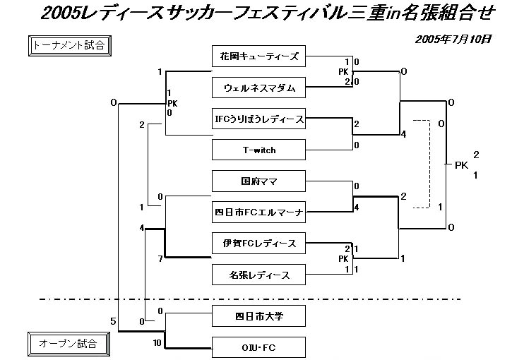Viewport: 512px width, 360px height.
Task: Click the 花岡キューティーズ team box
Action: tap(258, 56)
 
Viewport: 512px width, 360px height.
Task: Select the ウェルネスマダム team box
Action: tap(258, 88)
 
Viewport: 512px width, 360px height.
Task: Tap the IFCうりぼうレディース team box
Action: tap(258, 119)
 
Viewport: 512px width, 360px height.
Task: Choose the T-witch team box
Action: tap(258, 150)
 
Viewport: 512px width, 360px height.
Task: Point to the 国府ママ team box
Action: tap(258, 181)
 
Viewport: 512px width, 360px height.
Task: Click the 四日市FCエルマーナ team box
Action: tap(258, 212)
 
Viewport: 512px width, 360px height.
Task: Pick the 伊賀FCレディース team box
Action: tap(258, 244)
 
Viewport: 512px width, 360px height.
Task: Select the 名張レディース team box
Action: tap(258, 275)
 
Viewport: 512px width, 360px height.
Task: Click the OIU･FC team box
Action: tap(258, 346)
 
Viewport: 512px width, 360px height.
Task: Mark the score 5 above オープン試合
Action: tap(113, 322)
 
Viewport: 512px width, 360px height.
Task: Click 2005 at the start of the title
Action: tap(60, 13)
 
